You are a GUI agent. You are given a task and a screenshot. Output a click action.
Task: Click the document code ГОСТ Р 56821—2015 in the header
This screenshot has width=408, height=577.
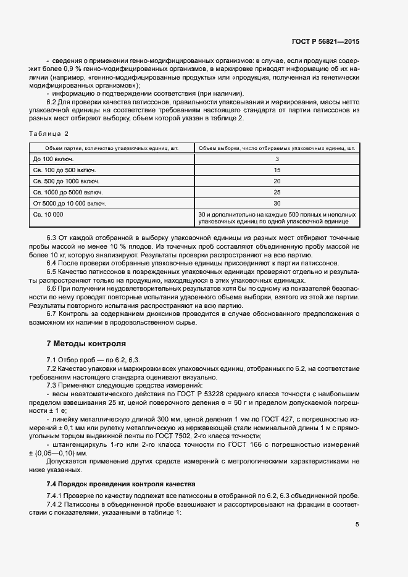tap(325, 41)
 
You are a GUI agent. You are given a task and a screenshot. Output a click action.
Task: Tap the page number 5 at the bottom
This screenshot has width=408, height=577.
tap(357, 525)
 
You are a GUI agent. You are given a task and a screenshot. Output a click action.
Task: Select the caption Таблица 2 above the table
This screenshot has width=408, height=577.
tap(49, 134)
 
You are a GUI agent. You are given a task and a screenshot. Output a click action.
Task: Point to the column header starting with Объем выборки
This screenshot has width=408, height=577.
tap(277, 148)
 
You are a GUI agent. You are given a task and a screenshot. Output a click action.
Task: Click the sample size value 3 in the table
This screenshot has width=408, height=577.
tap(277, 159)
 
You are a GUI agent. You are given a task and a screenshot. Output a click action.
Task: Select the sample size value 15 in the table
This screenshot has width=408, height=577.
tap(277, 170)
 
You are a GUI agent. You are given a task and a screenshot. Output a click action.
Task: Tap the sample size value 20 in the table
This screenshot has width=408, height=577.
tap(277, 181)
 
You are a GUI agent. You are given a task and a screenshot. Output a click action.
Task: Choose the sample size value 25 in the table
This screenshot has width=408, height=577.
tap(277, 193)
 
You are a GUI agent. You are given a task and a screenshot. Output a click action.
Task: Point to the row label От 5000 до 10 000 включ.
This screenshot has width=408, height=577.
tap(70, 204)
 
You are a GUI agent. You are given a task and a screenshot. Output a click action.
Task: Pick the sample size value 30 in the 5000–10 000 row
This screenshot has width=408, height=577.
tap(277, 204)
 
